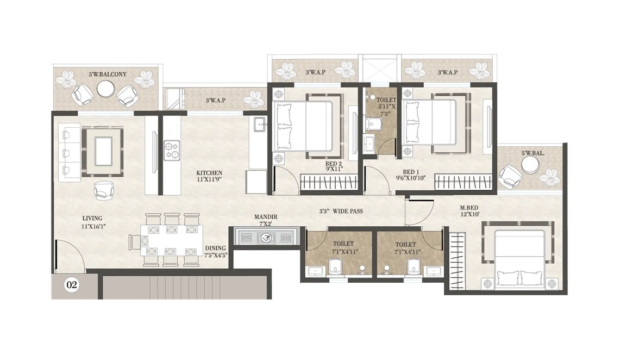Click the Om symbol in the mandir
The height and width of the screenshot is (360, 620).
266,238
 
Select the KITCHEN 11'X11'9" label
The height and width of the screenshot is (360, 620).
209,176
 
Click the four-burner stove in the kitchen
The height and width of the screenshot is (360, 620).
172,150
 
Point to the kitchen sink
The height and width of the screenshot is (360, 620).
259,123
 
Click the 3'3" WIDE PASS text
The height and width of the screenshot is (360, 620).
341,211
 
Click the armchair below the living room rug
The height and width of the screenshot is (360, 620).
103,190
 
